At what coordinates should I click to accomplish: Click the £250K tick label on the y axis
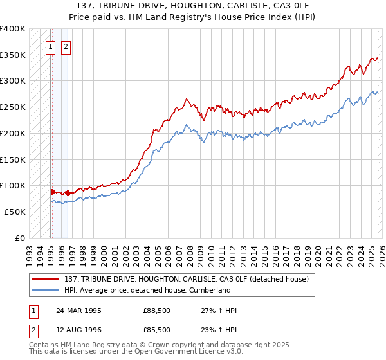point(13,107)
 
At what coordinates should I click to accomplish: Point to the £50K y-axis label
point(15,212)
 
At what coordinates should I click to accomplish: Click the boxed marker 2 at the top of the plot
point(66,46)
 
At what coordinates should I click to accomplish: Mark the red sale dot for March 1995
point(52,191)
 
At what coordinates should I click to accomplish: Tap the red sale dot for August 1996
point(67,193)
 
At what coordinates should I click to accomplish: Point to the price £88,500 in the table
point(157,310)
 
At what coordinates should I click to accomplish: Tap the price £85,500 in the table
point(157,329)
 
